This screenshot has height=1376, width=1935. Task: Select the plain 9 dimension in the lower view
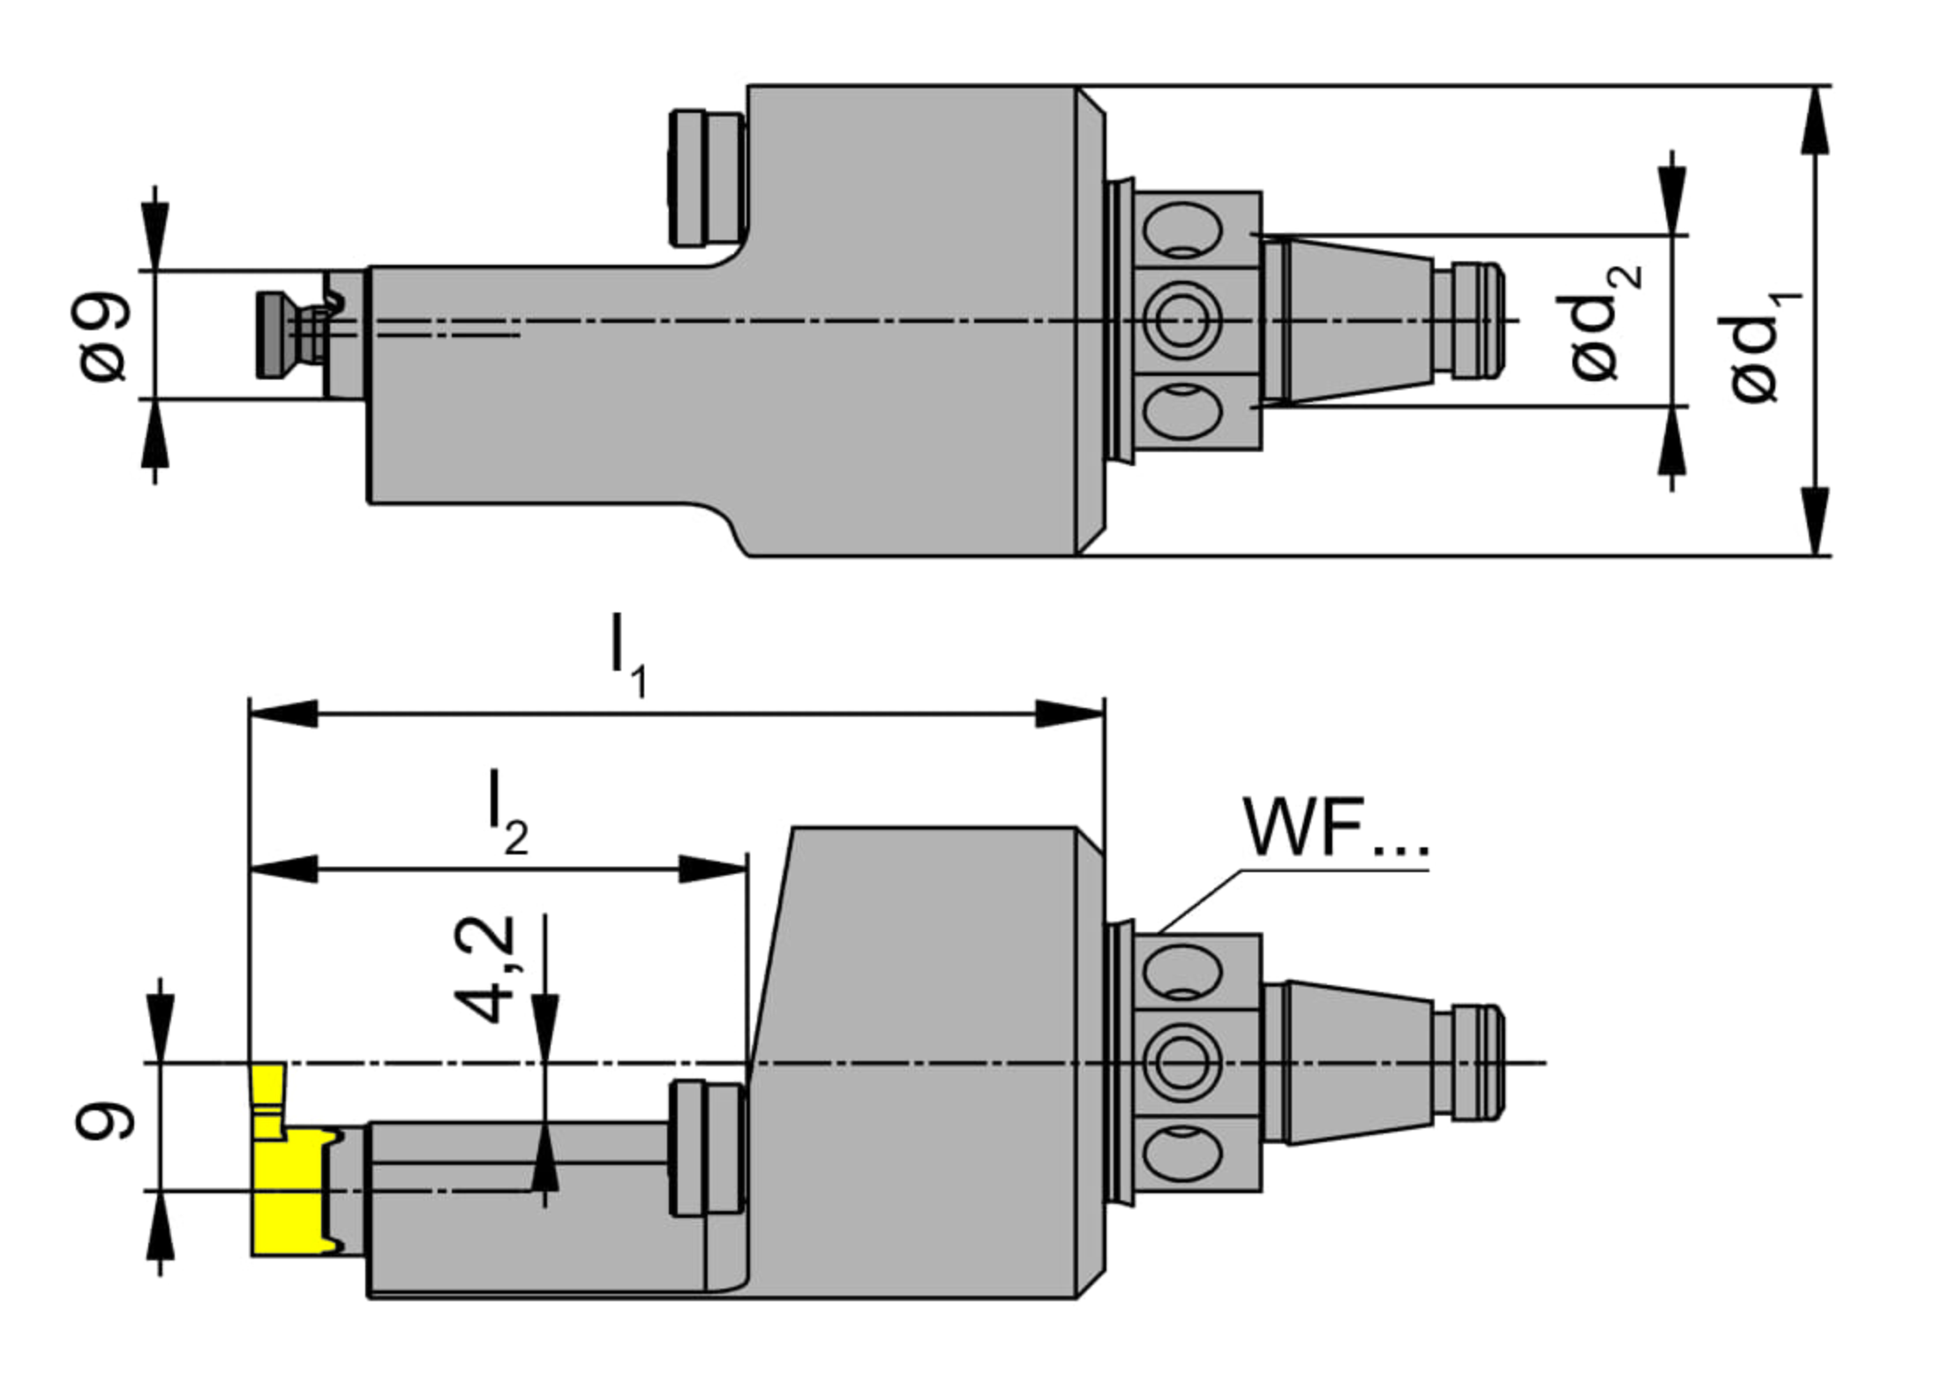[x=104, y=1122]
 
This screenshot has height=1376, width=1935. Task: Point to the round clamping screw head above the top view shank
[x=706, y=177]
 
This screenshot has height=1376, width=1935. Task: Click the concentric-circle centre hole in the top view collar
[x=1181, y=321]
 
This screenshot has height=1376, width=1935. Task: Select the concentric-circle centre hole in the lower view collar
[x=1181, y=1064]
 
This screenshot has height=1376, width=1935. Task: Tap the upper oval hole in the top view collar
[x=1181, y=229]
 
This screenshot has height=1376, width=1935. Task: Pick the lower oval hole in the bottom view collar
[x=1181, y=1153]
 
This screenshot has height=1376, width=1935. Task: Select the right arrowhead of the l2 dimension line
[x=713, y=869]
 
